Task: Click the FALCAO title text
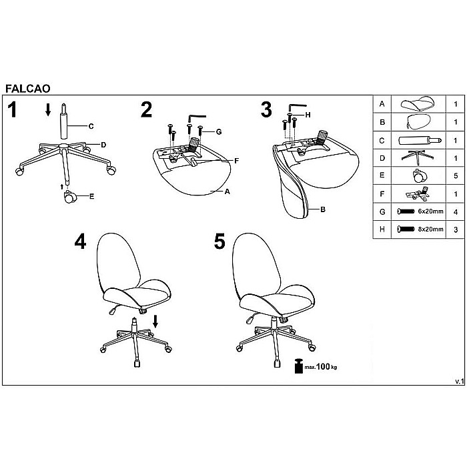tap(28, 89)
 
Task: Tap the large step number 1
tap(12, 109)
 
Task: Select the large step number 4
tap(80, 241)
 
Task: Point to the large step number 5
tap(219, 241)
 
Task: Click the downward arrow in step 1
tap(48, 109)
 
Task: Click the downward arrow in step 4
tap(155, 322)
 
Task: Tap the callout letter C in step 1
tap(91, 126)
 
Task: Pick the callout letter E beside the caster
tap(92, 196)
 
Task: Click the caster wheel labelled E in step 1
tap(70, 197)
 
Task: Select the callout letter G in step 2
tap(219, 131)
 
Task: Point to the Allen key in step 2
tap(196, 117)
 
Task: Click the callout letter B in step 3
tap(323, 209)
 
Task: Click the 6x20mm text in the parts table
tap(431, 211)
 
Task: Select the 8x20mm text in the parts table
tap(431, 229)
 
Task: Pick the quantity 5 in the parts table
tap(456, 176)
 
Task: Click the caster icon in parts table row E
tap(420, 175)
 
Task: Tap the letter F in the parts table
tap(382, 194)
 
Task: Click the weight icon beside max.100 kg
tap(298, 366)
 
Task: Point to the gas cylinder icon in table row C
tap(420, 140)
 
